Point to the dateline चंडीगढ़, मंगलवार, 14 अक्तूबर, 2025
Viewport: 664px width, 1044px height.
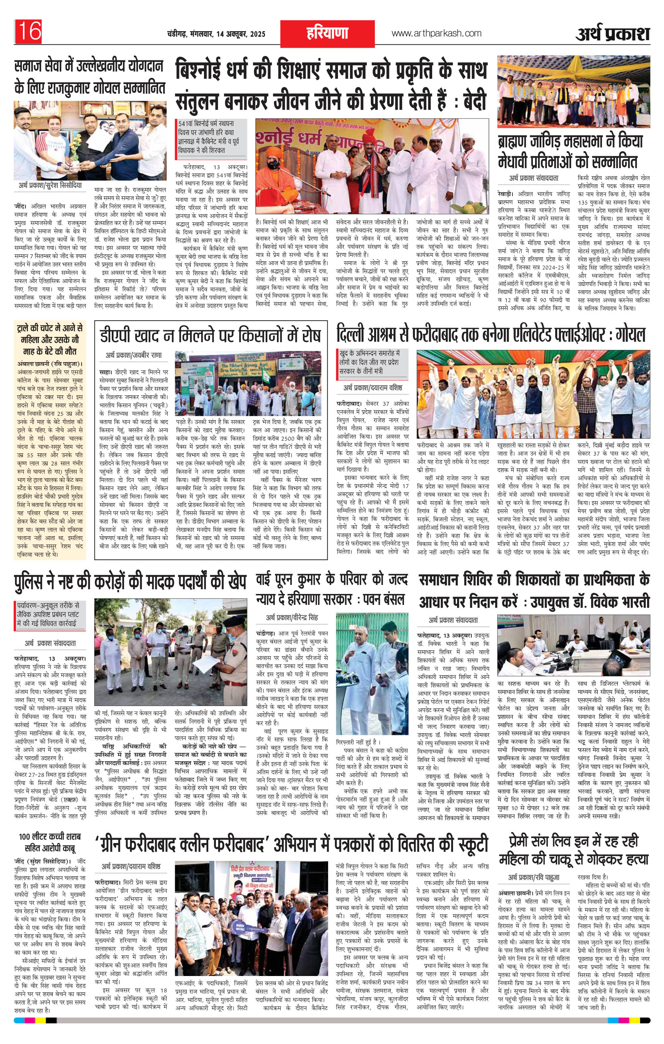(216, 34)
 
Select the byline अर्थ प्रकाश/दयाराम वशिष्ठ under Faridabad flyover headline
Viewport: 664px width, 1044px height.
(372, 387)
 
